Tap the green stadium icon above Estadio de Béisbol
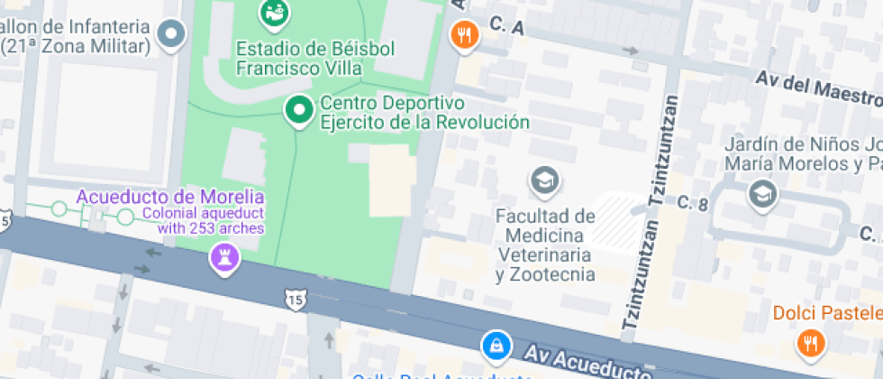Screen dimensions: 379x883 click(273, 12)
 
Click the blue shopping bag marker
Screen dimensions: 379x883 click(495, 345)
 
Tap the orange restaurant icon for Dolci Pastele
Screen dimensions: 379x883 click(808, 343)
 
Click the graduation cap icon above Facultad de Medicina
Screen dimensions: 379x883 click(544, 181)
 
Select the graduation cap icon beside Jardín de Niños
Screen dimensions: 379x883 click(762, 192)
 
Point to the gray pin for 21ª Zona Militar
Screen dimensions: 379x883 click(170, 35)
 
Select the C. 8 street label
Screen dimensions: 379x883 click(693, 203)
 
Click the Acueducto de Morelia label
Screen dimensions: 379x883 click(170, 197)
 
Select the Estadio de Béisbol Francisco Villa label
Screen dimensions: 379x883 click(300, 58)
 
